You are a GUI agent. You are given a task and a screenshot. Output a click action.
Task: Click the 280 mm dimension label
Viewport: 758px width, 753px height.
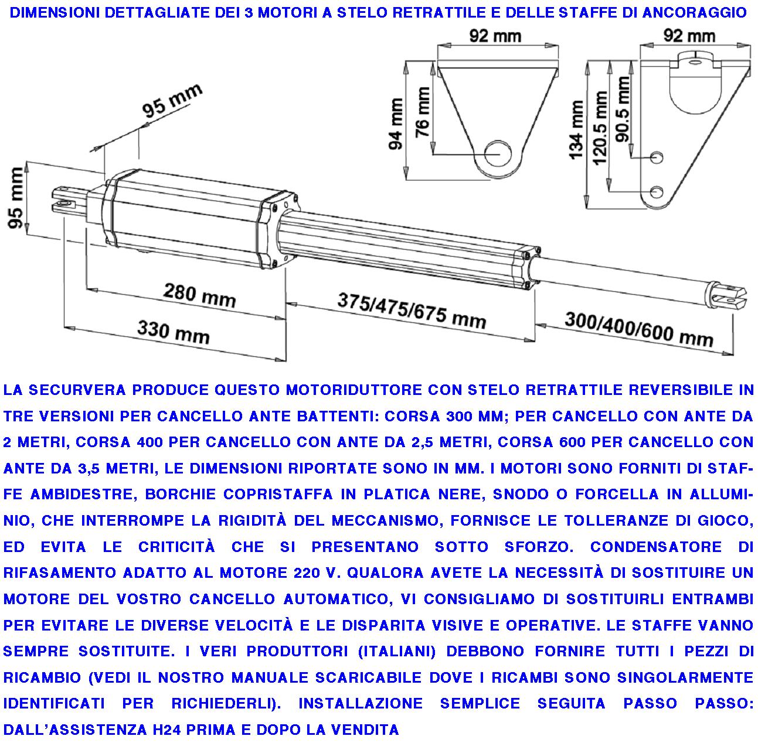point(199,296)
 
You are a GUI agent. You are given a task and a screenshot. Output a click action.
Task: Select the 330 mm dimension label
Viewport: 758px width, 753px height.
point(173,332)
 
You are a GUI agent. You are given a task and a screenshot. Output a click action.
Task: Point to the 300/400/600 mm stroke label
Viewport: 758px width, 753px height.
point(639,329)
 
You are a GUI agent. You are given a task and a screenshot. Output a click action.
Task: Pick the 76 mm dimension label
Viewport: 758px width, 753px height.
point(422,112)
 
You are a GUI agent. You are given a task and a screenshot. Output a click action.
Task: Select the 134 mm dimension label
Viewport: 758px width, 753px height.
point(576,130)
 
